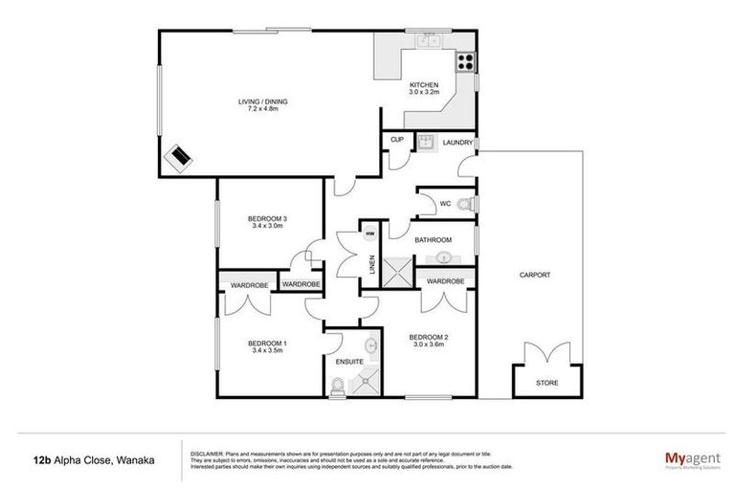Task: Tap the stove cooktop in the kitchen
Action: tap(465, 62)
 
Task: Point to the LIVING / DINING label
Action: tap(263, 101)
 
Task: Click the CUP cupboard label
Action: tap(397, 141)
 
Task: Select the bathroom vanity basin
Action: tap(445, 257)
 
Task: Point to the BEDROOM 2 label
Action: tap(429, 337)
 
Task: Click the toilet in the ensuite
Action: tap(337, 386)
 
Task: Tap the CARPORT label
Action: tap(534, 275)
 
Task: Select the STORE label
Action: tap(546, 383)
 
